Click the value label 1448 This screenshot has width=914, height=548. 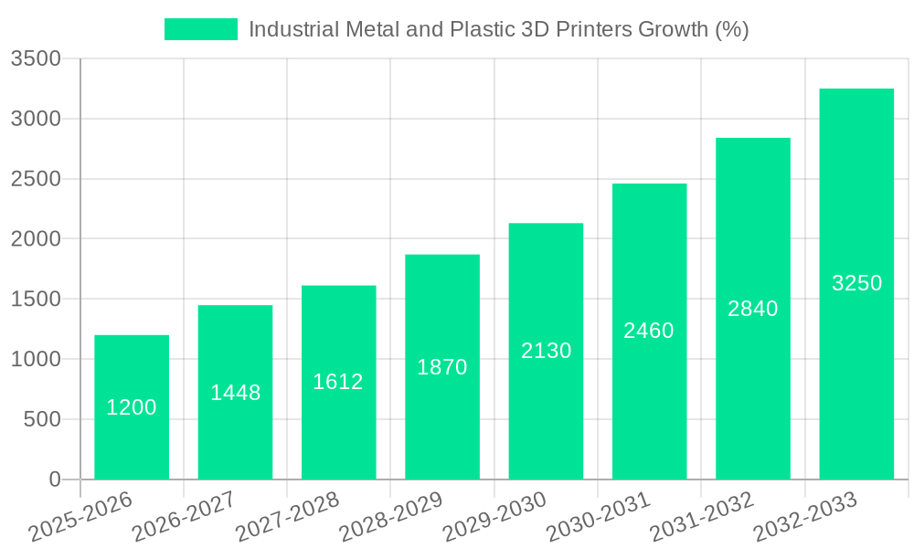[x=236, y=393]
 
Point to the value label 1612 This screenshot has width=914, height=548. [x=338, y=382]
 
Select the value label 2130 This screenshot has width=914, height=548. [x=547, y=351]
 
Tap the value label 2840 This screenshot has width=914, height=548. [x=753, y=309]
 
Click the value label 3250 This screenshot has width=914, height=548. [x=856, y=283]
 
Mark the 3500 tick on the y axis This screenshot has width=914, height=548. [x=36, y=59]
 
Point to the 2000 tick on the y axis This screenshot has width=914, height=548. [x=36, y=239]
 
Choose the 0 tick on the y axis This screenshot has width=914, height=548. [x=54, y=479]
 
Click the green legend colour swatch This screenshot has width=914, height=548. [x=200, y=29]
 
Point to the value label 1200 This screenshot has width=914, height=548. [x=132, y=407]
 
